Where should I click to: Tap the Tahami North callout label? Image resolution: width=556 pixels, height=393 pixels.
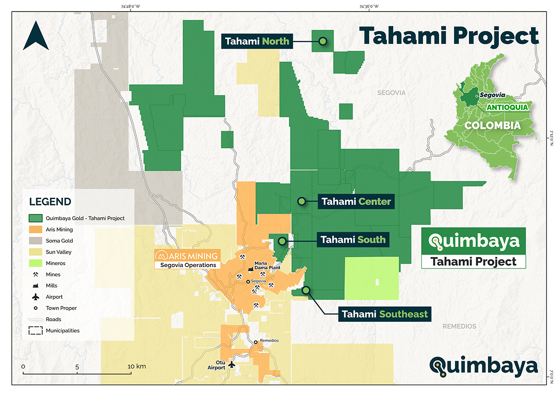point(257,41)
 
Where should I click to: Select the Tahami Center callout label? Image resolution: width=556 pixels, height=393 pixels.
point(356,202)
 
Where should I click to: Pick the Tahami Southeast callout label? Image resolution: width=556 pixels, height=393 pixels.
point(385,314)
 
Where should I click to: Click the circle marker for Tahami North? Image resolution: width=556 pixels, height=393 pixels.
point(323,41)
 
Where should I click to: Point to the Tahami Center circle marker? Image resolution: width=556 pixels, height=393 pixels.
point(301,201)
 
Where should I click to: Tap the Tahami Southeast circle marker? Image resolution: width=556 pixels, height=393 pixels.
point(306,290)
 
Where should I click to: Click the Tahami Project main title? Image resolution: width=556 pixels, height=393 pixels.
point(449,36)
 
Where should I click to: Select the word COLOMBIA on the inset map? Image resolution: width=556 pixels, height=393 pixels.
point(493,125)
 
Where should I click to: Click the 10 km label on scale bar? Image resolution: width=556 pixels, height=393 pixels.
point(138,366)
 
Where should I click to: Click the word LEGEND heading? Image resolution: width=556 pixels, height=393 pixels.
point(50,202)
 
